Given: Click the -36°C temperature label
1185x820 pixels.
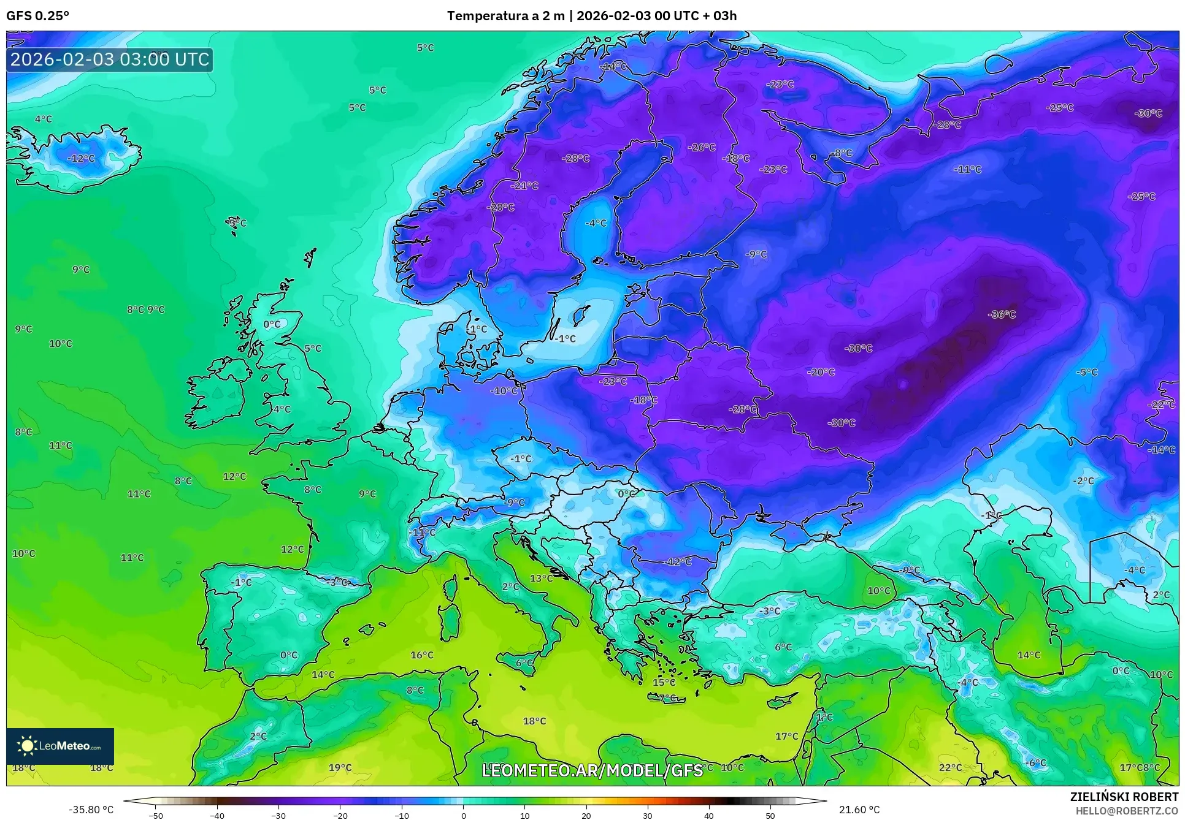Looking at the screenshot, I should tap(1002, 314).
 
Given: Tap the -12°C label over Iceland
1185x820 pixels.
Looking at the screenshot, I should tap(81, 158).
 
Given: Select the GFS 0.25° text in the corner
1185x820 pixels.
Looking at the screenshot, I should tap(37, 15).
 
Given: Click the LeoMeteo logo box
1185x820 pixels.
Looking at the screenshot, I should tap(60, 746).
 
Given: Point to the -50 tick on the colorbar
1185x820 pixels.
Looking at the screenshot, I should tap(156, 815).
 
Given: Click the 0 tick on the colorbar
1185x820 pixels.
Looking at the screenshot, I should tap(463, 815).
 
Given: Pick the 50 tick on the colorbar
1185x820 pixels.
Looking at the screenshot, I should tap(770, 815).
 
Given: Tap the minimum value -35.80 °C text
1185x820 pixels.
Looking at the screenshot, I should tap(91, 810).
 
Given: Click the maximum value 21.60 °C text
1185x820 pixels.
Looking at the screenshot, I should tap(859, 810).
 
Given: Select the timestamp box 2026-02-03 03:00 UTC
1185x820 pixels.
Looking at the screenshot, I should tap(110, 59).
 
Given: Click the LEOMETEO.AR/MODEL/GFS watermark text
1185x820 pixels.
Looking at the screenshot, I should tap(592, 770).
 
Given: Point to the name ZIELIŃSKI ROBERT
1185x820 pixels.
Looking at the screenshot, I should tap(1124, 797).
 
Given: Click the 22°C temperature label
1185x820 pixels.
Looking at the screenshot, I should tap(950, 767).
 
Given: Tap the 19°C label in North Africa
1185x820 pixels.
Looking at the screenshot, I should tap(340, 767).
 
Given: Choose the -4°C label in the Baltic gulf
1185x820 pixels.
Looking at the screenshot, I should tap(595, 223).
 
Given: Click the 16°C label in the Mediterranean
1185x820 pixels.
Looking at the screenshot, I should tap(421, 655).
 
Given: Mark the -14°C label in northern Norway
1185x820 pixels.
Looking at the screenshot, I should tap(613, 66).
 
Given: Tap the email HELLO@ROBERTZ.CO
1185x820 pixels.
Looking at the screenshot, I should tap(1126, 811).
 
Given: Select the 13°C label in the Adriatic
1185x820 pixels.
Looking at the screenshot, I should tap(541, 578).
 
